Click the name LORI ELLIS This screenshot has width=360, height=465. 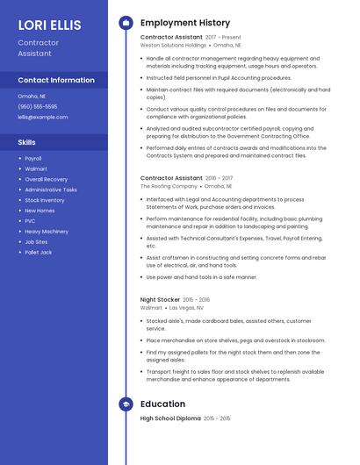pyautogui.click(x=49, y=25)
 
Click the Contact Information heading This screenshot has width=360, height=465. pyautogui.click(x=56, y=80)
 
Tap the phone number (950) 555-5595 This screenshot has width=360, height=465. pyautogui.click(x=38, y=106)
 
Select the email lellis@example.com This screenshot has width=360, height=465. pyautogui.click(x=42, y=117)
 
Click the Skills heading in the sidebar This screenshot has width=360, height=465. pyautogui.click(x=27, y=142)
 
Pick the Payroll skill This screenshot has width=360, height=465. pyautogui.click(x=33, y=159)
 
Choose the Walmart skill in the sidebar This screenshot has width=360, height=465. pyautogui.click(x=36, y=168)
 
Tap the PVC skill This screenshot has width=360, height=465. pyautogui.click(x=30, y=221)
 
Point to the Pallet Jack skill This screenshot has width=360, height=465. pyautogui.click(x=39, y=253)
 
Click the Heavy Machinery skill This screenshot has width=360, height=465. pyautogui.click(x=47, y=232)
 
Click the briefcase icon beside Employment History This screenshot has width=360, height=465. pyautogui.click(x=126, y=22)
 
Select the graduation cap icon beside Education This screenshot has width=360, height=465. pyautogui.click(x=126, y=404)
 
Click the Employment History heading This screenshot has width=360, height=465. pyautogui.click(x=185, y=23)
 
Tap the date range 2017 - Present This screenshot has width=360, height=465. pyautogui.click(x=223, y=38)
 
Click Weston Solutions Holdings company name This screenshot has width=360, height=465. pyautogui.click(x=173, y=46)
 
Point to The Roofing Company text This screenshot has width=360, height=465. pyautogui.click(x=169, y=186)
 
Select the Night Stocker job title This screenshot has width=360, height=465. pyautogui.click(x=160, y=299)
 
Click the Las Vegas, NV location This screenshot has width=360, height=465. pyautogui.click(x=186, y=308)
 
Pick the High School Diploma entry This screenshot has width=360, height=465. pyautogui.click(x=170, y=418)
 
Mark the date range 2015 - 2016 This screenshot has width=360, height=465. pyautogui.click(x=197, y=299)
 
